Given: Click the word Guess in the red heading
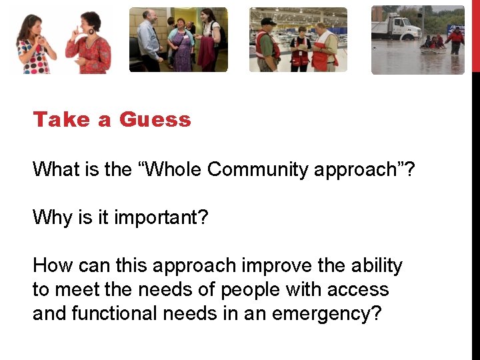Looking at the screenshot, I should (155, 120).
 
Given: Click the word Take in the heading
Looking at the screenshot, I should (61, 120).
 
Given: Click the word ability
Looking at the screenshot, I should (375, 265).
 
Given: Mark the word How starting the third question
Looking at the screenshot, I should (53, 265).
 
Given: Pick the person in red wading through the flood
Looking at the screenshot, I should (456, 40).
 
